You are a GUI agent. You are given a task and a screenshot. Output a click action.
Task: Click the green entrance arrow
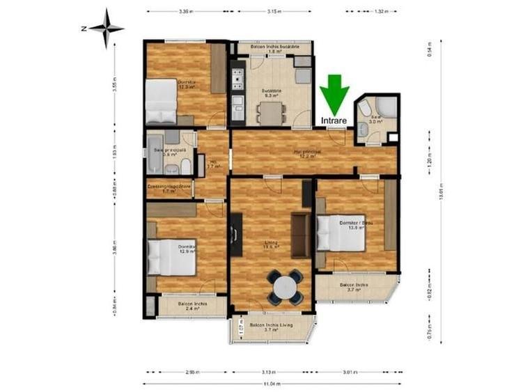coord(335,94)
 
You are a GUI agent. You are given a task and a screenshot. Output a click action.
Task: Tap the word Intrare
coord(335,120)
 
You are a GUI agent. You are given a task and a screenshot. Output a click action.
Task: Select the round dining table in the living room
coord(286,287)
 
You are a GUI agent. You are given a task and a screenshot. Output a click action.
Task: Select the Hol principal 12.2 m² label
coord(306,153)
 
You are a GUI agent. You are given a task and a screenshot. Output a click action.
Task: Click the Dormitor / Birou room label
coord(356,224)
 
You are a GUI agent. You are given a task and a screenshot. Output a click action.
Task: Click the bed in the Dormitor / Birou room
coord(341,233)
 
